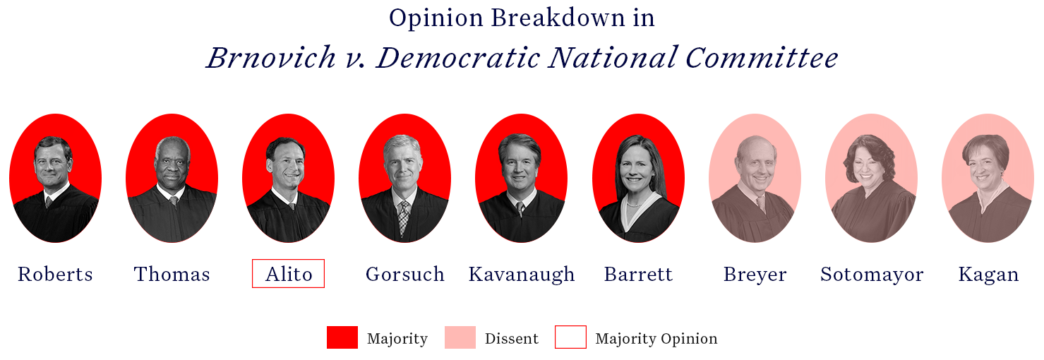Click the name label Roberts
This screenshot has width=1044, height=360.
(x=55, y=274)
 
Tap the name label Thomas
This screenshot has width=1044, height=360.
(x=172, y=274)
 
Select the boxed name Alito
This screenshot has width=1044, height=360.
(x=289, y=274)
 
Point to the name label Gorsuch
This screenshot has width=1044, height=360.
(x=404, y=274)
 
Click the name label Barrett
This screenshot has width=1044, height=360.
(x=639, y=274)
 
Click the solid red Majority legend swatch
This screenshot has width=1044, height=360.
(x=342, y=337)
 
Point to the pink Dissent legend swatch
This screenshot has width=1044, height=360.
(x=460, y=337)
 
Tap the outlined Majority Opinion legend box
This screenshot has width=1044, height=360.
(x=570, y=326)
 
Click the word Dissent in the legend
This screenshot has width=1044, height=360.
(x=511, y=339)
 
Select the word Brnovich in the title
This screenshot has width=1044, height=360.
(x=271, y=59)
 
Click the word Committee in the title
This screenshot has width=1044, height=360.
(x=762, y=59)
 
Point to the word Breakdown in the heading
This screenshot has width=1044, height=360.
(x=558, y=18)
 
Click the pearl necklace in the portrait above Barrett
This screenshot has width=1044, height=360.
(x=633, y=204)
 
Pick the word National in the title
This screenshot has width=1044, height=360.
(x=612, y=59)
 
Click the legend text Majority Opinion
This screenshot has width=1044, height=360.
(x=656, y=339)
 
